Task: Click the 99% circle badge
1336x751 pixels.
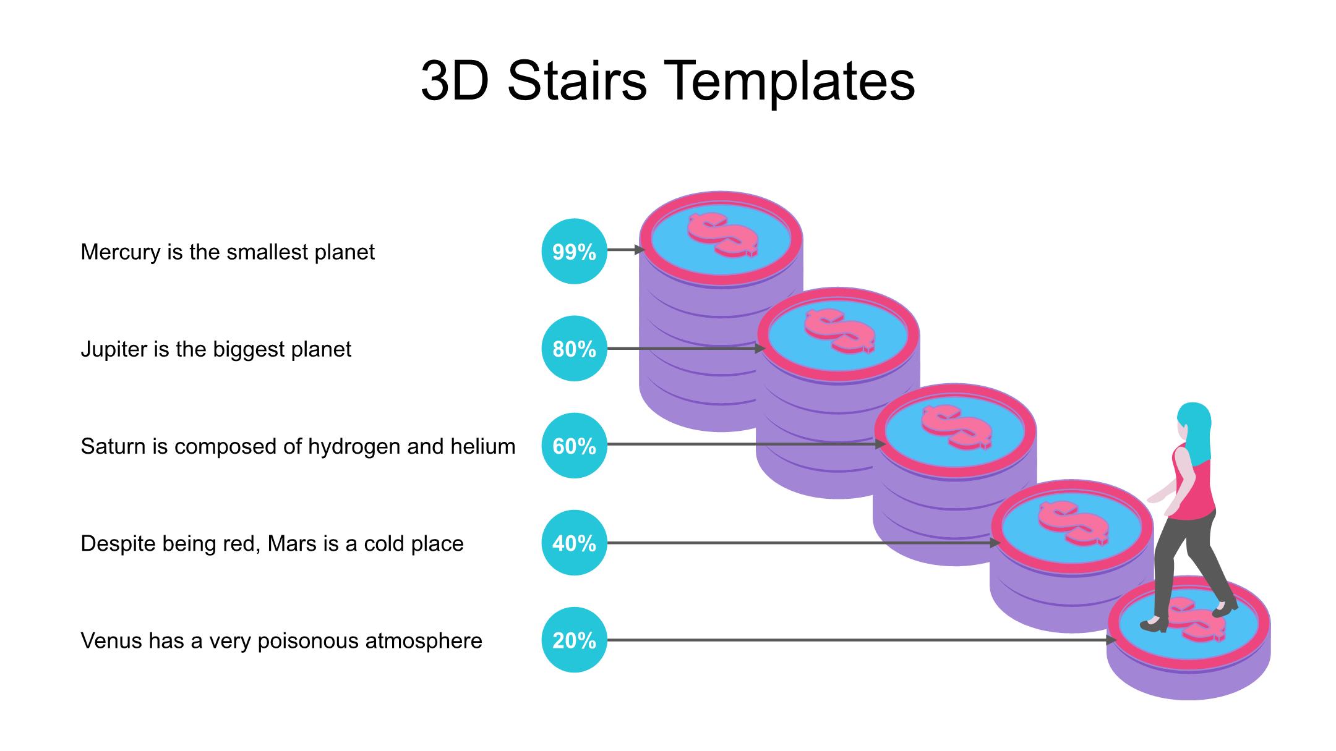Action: click(574, 251)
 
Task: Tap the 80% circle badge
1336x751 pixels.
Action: click(574, 349)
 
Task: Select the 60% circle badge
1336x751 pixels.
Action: click(574, 446)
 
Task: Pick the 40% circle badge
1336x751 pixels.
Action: click(574, 543)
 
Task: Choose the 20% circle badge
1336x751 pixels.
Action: click(574, 640)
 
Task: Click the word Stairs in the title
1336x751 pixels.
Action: click(577, 81)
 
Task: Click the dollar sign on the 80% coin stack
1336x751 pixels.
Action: click(839, 331)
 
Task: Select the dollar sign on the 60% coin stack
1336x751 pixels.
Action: click(956, 427)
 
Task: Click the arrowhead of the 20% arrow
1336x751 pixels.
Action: click(1111, 640)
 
